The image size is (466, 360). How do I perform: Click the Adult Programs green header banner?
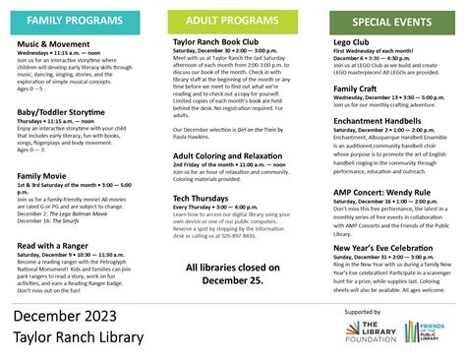tap(232, 20)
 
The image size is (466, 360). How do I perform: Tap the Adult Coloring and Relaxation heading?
tap(234, 155)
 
